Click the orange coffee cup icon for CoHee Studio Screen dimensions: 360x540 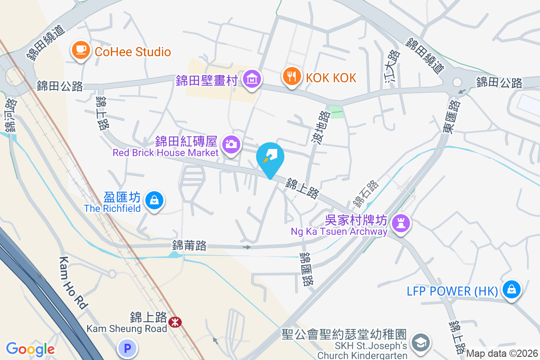(81, 51)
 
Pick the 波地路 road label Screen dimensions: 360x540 (322, 128)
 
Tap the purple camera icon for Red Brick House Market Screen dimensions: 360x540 (231, 145)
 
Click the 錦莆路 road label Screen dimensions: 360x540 (189, 245)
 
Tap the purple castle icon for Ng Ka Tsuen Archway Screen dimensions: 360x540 (400, 222)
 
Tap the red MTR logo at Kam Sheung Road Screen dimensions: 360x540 (175, 322)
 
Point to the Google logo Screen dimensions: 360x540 (30, 349)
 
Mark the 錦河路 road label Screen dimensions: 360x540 (11, 116)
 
